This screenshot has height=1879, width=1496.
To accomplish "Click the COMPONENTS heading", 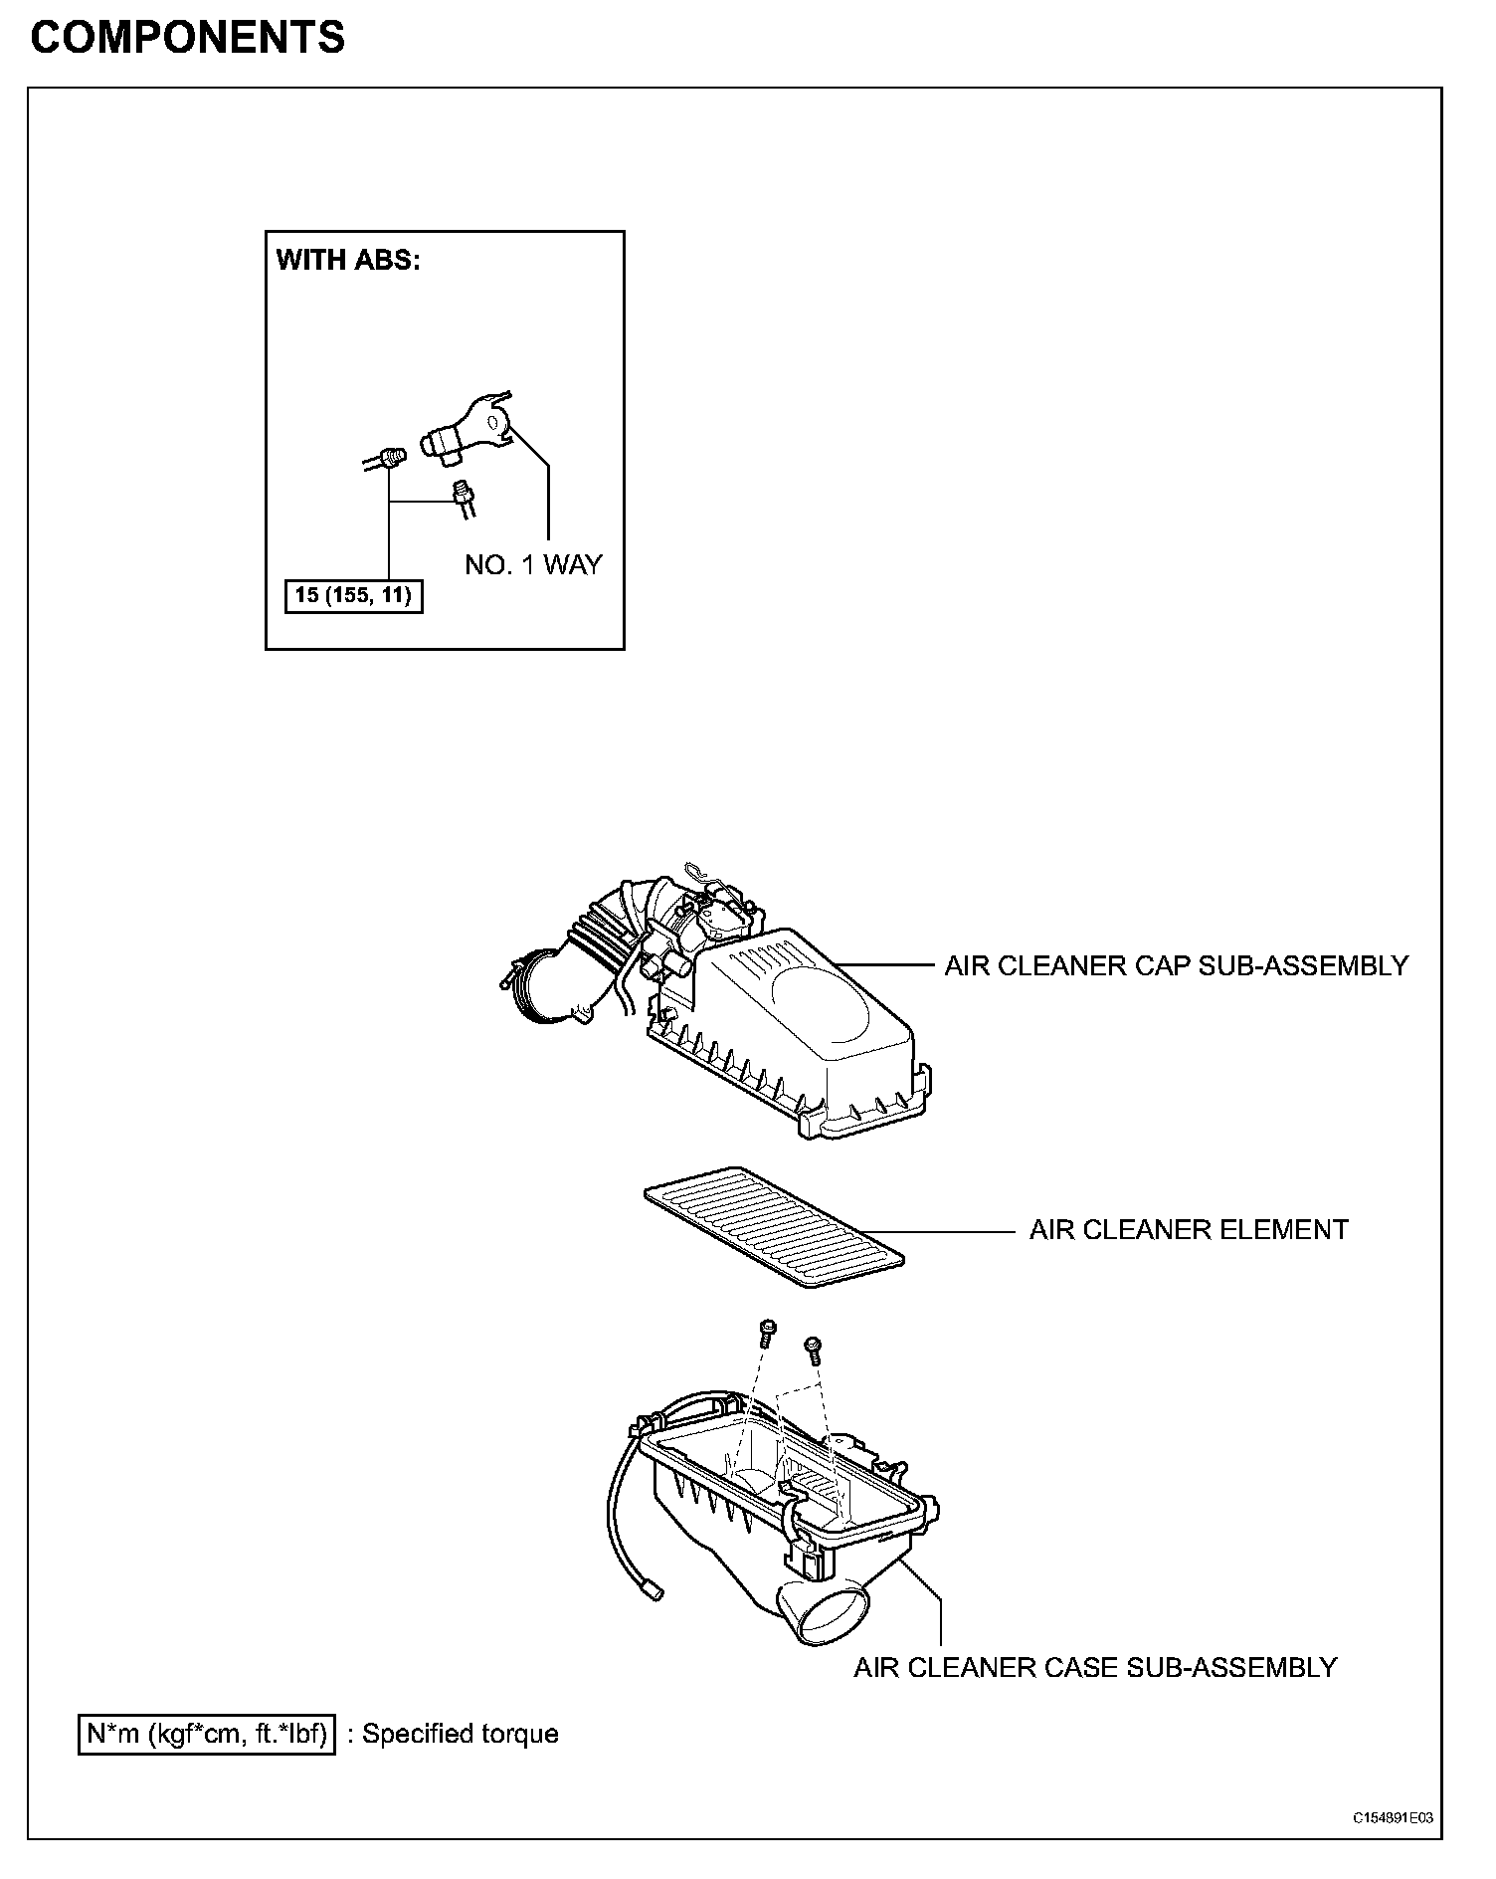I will coord(188,38).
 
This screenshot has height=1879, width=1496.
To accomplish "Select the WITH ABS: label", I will coord(348,261).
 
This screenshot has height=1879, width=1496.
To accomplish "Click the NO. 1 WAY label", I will coord(533,565).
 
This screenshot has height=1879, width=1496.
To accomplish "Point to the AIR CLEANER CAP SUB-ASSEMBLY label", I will coord(1176,965).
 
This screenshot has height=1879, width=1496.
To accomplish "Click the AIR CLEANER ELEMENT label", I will coord(1189,1230).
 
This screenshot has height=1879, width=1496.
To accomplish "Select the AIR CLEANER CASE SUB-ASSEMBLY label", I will coord(1095,1667).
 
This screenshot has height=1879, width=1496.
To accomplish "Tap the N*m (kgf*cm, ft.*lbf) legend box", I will coord(207,1734).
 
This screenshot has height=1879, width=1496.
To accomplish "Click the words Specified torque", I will coord(460,1734).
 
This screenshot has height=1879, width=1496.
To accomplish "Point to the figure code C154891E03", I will coord(1392,1818).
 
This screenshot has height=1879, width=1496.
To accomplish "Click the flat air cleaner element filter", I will coord(774,1227).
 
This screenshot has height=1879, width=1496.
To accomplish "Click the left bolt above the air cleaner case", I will coord(767,1334).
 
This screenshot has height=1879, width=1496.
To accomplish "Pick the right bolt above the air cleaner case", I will coord(813,1350).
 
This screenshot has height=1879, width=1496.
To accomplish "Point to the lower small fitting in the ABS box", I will coord(463,496).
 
